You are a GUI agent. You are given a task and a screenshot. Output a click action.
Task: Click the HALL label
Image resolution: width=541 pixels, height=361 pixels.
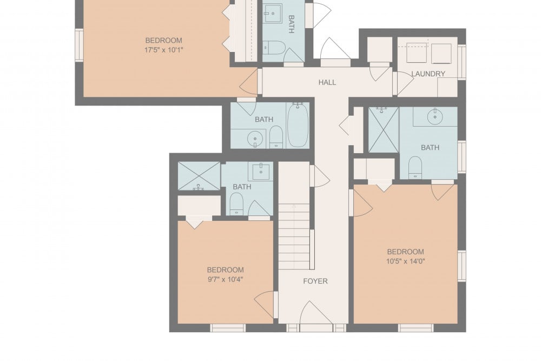coord(327,82)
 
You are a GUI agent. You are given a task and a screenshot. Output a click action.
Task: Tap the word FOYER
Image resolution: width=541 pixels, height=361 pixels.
coord(315,281)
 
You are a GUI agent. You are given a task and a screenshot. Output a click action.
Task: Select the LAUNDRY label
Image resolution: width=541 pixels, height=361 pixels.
coord(428,74)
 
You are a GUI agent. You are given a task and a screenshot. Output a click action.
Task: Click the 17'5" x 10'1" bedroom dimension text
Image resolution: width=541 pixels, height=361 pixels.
coord(163,50)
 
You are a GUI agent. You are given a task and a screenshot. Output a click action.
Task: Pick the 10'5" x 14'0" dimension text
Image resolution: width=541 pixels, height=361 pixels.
coord(405,261)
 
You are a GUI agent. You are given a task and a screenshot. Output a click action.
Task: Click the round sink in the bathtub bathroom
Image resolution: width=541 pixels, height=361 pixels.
coord(255,139)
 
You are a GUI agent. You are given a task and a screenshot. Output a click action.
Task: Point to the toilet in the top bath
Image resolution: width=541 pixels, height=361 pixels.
coord(274,48)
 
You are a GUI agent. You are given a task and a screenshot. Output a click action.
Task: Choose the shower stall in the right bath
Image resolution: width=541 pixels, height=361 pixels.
coord(384,129)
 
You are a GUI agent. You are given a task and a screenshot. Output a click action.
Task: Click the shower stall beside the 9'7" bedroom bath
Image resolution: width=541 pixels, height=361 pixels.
coord(199,176)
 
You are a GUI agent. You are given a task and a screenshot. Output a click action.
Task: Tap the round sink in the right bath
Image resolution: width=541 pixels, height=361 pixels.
coord(435,117)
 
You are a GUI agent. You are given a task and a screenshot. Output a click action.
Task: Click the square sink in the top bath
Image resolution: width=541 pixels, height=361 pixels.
coord(273,13)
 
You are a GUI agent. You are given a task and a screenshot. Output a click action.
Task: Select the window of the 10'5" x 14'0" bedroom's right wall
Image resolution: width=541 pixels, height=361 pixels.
coord(461,266)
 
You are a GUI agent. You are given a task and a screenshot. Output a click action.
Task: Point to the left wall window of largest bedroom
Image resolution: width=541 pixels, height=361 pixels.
coord(80,45)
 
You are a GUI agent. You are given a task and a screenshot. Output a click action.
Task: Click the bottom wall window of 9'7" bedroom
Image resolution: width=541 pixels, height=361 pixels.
coord(228,328)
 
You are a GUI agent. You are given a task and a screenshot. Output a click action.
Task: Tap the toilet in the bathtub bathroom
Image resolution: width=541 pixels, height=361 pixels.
coord(276,137)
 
